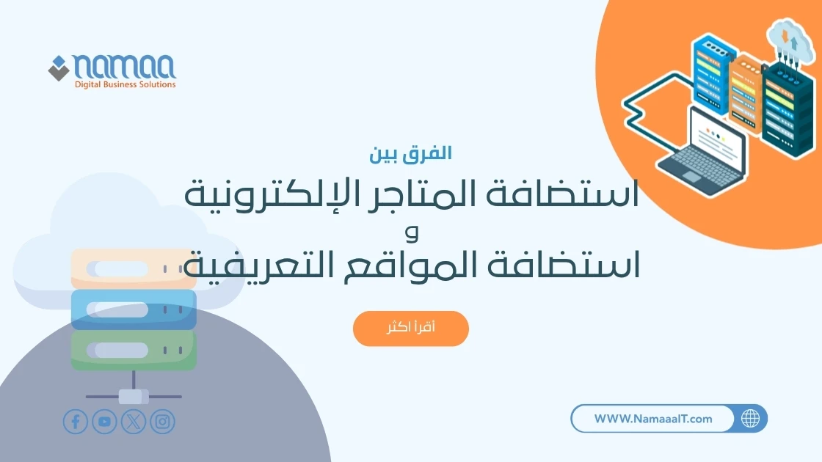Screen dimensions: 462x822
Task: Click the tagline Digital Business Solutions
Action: [125, 85]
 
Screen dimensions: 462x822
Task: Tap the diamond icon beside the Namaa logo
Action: [58, 68]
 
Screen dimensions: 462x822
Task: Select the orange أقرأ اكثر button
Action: [410, 328]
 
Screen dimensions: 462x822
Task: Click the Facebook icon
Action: [75, 422]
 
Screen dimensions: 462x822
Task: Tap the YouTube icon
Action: [104, 422]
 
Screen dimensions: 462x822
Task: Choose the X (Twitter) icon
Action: [134, 422]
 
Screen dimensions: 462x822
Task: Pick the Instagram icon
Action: [163, 422]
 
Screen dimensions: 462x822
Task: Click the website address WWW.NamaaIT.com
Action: [652, 419]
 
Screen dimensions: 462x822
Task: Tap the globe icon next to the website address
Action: [750, 419]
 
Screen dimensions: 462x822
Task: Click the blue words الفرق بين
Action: [411, 154]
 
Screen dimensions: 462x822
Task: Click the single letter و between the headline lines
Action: [411, 233]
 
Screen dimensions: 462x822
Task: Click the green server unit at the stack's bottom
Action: [134, 350]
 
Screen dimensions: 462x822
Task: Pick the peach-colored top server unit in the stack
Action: [134, 268]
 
